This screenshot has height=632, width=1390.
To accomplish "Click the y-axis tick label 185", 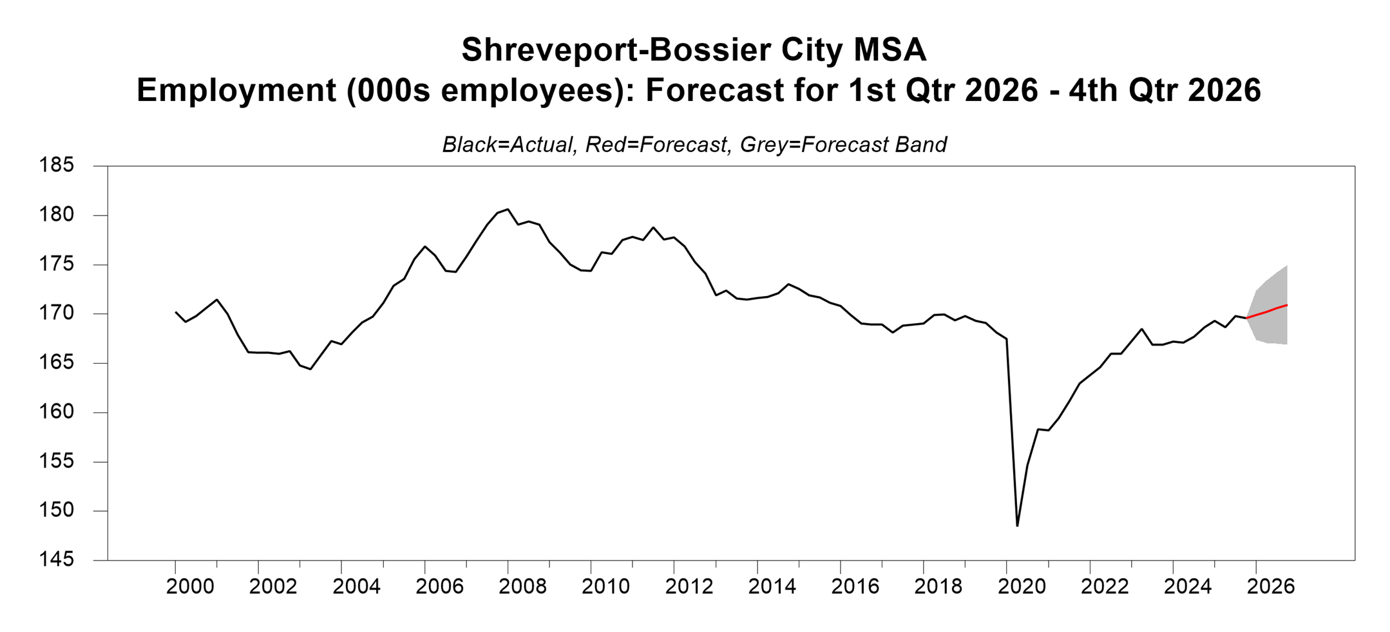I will coord(57,165).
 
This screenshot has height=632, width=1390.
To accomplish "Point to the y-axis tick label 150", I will coord(57,510).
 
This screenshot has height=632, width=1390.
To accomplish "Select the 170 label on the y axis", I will coord(57,313).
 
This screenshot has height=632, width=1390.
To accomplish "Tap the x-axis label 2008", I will coord(522,586).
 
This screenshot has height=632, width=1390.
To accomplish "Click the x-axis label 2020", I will coord(1022,586).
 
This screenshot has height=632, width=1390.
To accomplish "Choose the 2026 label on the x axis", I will coord(1270,586).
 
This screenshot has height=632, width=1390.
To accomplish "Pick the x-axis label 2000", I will coord(190,586).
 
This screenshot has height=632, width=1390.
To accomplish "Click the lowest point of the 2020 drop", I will coord(1017,526).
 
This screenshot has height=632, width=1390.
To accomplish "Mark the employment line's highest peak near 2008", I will coord(508,209).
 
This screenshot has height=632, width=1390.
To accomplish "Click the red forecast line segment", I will coord(1268,311).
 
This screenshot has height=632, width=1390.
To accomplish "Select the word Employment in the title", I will coord(236,90).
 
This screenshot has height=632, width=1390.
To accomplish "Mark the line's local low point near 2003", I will coord(310,369).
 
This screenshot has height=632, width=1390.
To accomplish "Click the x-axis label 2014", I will coord(772,586).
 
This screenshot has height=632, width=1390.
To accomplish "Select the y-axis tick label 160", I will coord(57,412).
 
